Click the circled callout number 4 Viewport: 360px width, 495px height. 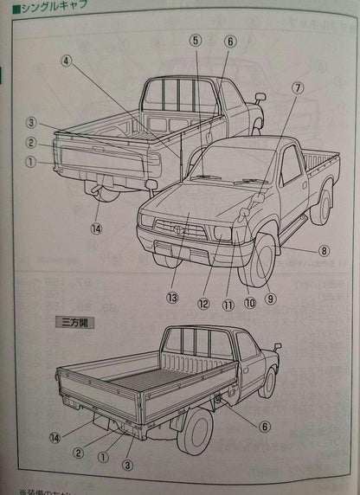67,61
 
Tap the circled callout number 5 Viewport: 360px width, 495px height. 196,40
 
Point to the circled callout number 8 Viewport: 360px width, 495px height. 324,251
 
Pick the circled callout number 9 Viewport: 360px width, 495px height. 270,299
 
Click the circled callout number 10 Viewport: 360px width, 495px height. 250,303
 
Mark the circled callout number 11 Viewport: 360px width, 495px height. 228,304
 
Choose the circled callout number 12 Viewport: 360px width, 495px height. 202,303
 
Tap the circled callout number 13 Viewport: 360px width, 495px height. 173,298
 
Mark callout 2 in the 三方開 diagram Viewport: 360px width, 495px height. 78,452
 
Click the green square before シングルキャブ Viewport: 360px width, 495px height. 6,10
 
